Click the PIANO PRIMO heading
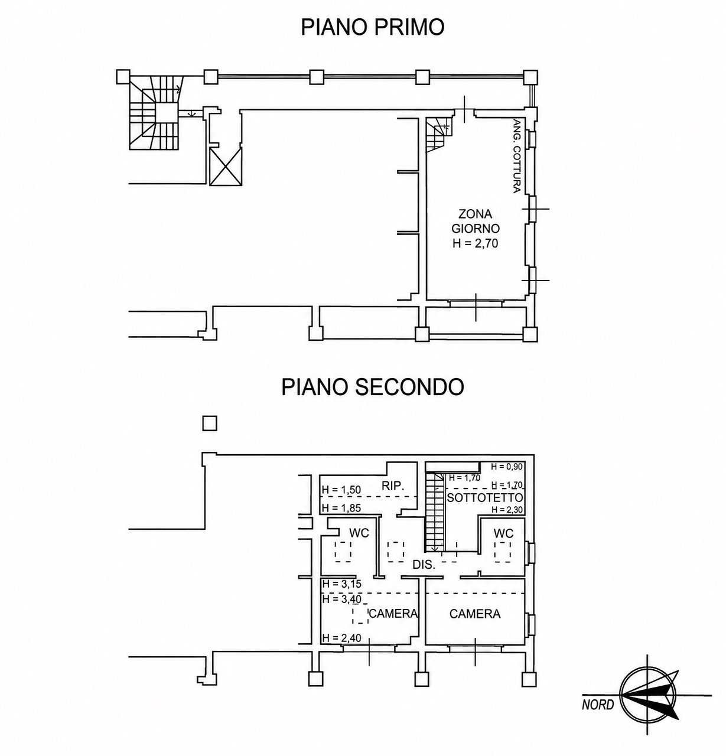372,28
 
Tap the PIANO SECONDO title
372,387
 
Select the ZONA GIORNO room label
475,221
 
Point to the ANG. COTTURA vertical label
517,156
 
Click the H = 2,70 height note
475,243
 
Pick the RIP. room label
393,485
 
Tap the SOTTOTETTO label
485,498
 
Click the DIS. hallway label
424,565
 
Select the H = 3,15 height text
342,584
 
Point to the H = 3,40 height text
342,599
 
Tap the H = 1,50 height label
341,490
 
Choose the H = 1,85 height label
341,508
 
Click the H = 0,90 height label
507,467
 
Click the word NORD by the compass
598,705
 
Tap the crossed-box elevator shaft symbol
226,167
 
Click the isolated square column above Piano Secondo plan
210,423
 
